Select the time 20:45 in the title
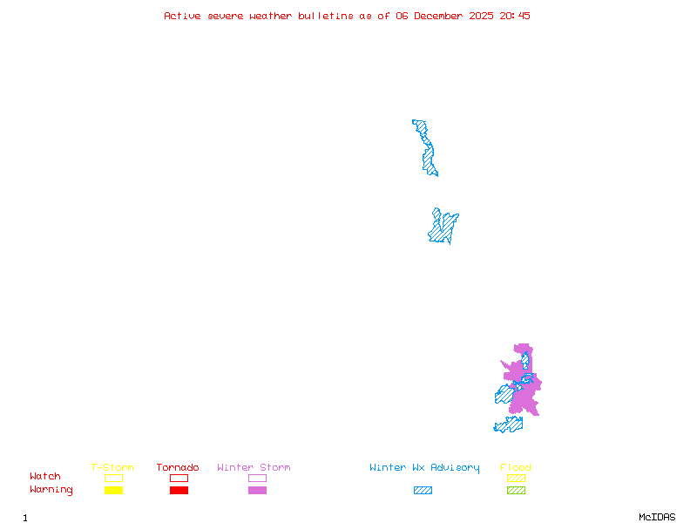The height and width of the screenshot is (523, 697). [x=517, y=16]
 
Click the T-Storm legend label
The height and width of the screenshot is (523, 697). [x=112, y=468]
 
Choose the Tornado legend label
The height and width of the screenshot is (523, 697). [x=178, y=468]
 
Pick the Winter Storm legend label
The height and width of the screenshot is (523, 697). [x=254, y=468]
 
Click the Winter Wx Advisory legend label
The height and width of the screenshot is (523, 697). [x=424, y=468]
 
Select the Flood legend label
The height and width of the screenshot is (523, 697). [x=516, y=468]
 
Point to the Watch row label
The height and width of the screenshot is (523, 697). [x=45, y=477]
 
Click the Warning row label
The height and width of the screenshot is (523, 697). [x=51, y=490]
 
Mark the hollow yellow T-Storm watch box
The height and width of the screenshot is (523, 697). [x=113, y=478]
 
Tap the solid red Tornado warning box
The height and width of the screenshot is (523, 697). [x=179, y=490]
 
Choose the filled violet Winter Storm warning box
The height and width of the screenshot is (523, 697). [x=257, y=490]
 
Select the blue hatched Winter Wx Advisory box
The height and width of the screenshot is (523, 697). [x=423, y=490]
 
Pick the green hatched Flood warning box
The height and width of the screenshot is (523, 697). [x=516, y=490]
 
